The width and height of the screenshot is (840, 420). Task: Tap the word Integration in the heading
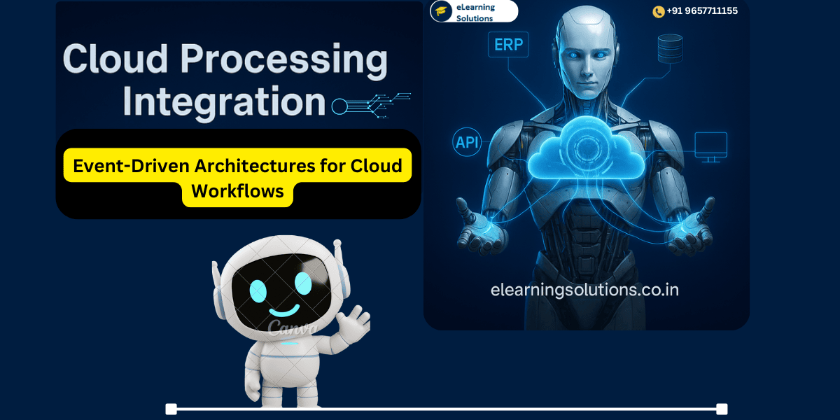224,102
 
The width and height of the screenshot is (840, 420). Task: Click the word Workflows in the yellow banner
237,191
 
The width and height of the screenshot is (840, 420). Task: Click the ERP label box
509,44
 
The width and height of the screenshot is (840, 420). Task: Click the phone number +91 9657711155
701,11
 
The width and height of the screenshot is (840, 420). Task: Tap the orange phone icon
658,12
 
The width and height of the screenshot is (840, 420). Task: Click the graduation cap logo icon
441,11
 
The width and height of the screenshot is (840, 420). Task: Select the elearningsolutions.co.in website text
584,289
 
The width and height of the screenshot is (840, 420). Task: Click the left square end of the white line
171,409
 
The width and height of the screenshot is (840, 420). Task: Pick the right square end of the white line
722,409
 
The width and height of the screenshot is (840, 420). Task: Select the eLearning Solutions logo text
475,12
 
